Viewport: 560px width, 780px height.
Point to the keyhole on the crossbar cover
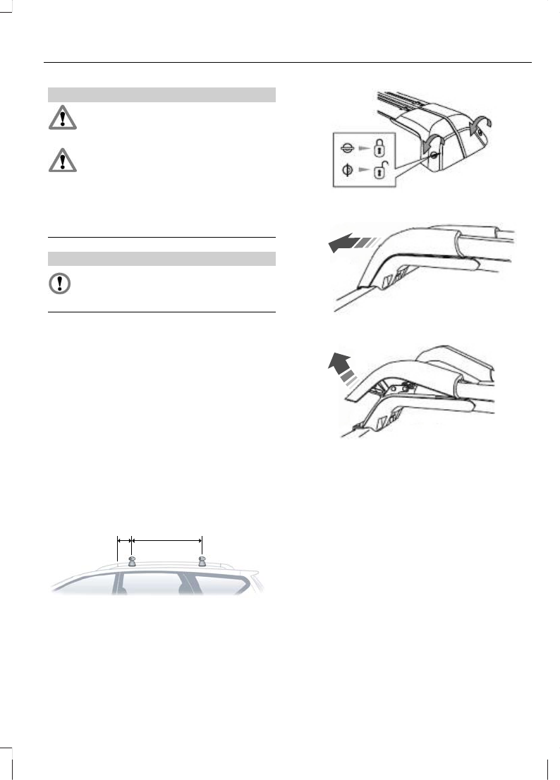click(x=432, y=154)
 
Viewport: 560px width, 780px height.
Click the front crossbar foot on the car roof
click(x=131, y=562)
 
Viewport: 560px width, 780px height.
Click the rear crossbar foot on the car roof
click(x=202, y=562)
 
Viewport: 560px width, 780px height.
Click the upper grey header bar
click(x=161, y=95)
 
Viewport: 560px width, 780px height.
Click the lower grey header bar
click(x=161, y=259)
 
